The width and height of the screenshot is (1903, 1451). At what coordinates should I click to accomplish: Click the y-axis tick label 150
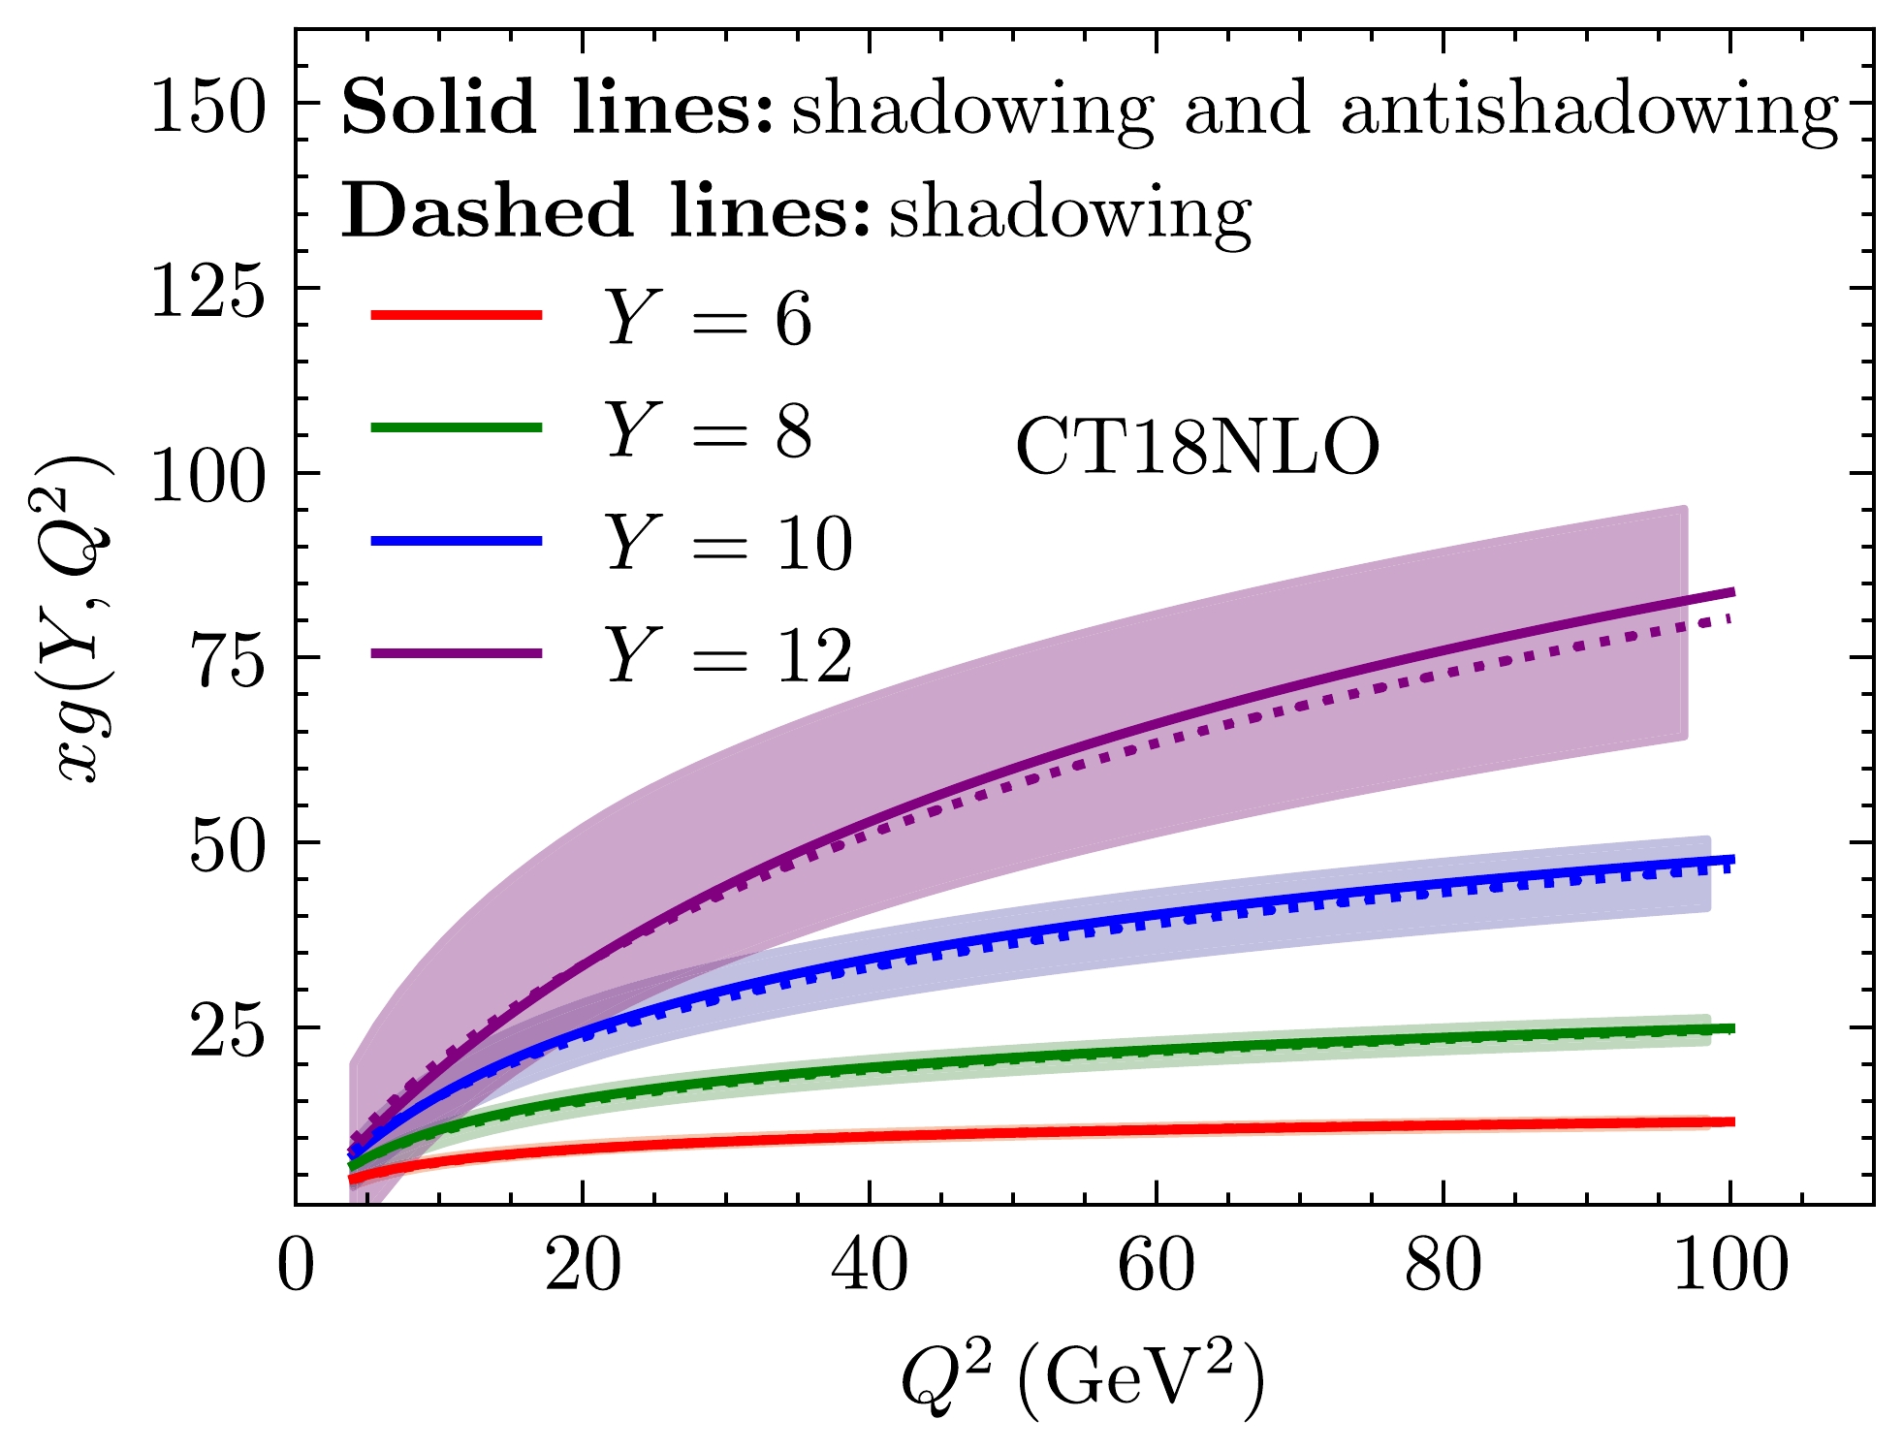click(207, 106)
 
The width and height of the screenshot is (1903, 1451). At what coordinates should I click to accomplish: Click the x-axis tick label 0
click(296, 1266)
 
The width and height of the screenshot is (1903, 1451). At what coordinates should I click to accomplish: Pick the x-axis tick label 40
click(870, 1266)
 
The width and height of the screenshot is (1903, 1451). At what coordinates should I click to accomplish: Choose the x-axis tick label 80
click(1443, 1266)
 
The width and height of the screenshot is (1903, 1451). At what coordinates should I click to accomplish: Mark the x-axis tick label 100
click(1730, 1266)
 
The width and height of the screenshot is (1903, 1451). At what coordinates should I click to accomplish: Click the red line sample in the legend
click(457, 314)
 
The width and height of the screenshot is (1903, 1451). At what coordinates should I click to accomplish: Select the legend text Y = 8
click(709, 430)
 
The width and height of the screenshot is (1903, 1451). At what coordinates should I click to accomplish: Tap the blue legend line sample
click(457, 540)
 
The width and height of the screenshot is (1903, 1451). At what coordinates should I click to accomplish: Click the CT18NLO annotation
click(1197, 448)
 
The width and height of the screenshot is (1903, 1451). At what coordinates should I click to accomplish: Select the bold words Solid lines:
click(557, 108)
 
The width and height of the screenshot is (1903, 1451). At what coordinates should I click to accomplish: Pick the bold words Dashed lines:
click(606, 211)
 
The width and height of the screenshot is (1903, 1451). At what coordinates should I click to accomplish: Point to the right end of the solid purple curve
click(1732, 592)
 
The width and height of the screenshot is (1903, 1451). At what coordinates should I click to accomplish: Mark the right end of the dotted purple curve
click(1730, 619)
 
